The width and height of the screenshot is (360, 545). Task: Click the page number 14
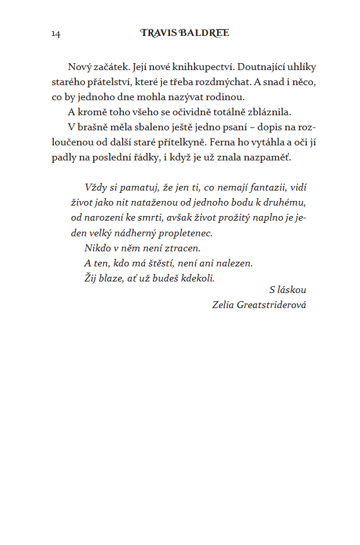click(56, 34)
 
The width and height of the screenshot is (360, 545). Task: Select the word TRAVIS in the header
click(158, 33)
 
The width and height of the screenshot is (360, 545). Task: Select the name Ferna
click(222, 142)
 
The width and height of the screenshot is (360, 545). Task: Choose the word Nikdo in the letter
click(97, 248)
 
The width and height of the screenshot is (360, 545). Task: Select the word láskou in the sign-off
click(292, 290)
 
